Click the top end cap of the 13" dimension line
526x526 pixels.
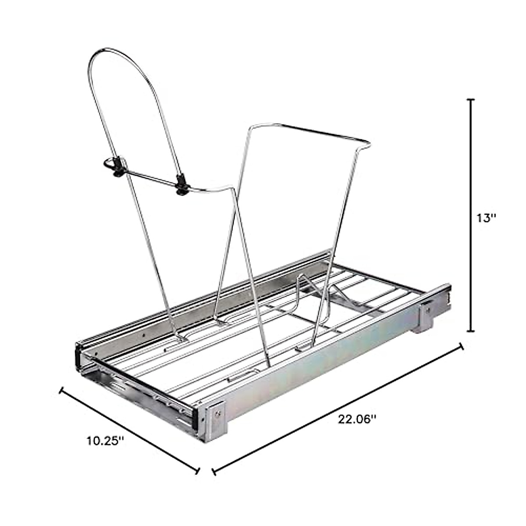click(470, 100)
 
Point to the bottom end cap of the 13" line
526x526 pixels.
click(470, 331)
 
